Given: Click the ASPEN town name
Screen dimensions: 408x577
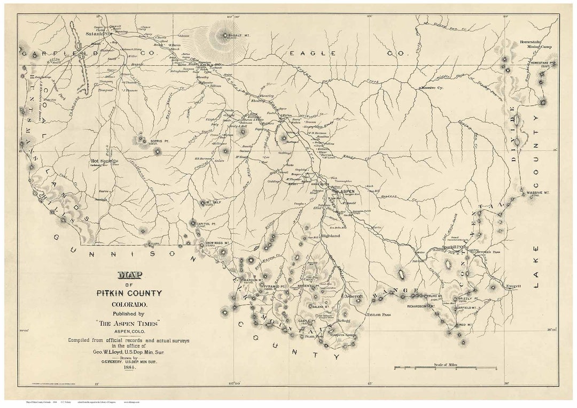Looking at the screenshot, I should [347, 191].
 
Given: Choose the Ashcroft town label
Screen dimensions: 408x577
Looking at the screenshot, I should [354, 295].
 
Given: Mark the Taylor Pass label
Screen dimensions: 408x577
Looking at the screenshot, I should [378, 315].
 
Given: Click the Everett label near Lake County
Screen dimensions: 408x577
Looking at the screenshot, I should [513, 286].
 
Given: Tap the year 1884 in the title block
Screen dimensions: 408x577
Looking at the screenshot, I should [129, 367].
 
